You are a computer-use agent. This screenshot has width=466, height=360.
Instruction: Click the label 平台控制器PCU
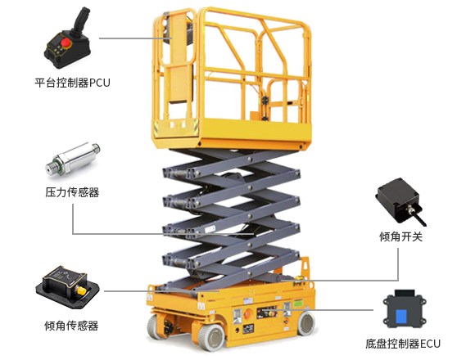72,83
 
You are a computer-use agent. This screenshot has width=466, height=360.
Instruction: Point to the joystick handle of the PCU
80,20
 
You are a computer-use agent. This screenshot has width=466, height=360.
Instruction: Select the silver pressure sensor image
73,160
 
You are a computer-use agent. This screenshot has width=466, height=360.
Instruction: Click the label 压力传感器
72,192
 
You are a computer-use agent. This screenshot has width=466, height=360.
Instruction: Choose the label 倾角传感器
71,326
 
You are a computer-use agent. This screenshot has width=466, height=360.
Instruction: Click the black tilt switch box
399,200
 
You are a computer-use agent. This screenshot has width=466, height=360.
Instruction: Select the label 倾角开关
400,236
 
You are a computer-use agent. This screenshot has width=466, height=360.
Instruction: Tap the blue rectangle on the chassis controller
401,316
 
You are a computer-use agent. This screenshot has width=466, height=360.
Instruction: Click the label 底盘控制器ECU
403,344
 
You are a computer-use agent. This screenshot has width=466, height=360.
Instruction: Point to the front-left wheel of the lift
211,337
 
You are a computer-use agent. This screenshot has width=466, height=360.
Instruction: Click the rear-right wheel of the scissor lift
306,323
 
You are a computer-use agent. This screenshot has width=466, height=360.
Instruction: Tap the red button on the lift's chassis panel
248,313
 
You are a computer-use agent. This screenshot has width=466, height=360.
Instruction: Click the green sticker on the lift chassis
298,304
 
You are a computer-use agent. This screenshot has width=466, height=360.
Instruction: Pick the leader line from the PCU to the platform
135,38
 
